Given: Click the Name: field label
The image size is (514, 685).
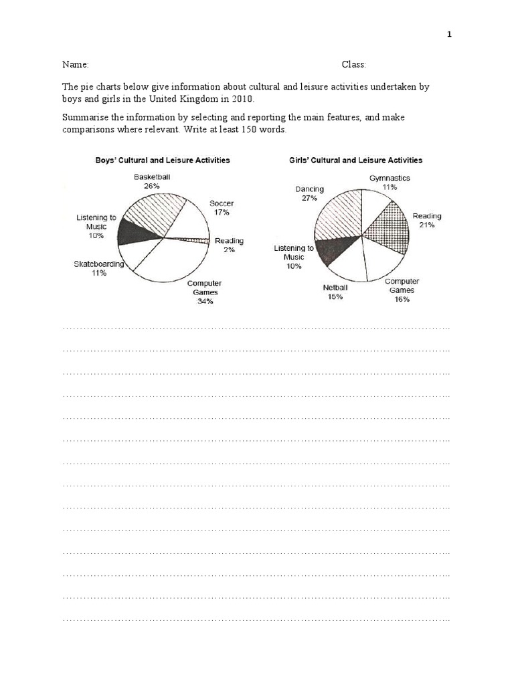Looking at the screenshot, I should (x=76, y=65).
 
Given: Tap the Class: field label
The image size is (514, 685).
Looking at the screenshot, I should (x=353, y=65).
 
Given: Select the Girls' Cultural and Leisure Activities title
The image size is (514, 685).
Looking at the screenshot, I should (x=355, y=161).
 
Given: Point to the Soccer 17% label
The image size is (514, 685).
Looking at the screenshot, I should (x=221, y=207).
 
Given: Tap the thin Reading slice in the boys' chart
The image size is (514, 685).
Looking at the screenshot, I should (x=194, y=239).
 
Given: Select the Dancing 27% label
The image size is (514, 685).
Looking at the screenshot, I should (x=309, y=193).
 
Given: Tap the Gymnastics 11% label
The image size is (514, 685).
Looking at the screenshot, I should (x=390, y=183).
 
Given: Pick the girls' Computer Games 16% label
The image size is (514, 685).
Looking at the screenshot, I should (x=402, y=290).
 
